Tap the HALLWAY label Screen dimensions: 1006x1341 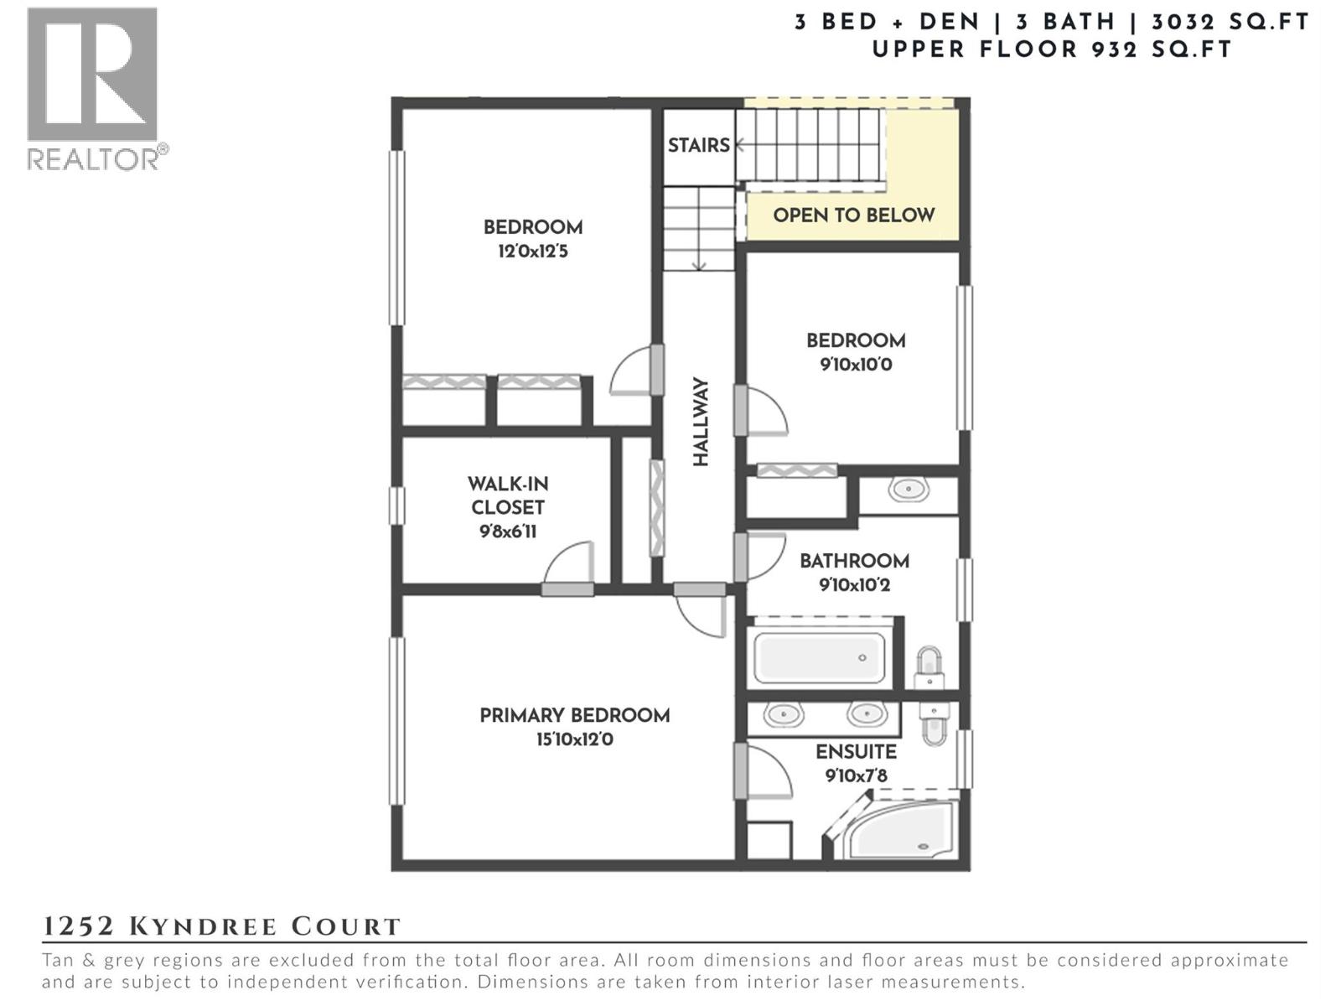click(x=701, y=422)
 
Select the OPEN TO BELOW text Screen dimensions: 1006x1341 click(x=853, y=215)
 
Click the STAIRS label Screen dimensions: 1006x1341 click(x=698, y=145)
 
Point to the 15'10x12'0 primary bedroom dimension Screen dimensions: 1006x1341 click(x=574, y=740)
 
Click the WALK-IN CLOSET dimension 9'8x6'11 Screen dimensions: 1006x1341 click(x=507, y=532)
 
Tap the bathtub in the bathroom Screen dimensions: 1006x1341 click(x=819, y=658)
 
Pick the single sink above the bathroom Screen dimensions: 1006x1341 click(x=908, y=489)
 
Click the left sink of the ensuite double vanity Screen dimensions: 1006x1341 click(x=783, y=715)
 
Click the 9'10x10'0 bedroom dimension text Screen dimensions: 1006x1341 click(x=855, y=365)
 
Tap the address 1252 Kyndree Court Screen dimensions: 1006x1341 click(x=222, y=926)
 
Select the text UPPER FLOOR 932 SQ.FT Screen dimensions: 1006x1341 click(x=1052, y=49)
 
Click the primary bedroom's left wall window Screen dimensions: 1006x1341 click(x=397, y=721)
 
